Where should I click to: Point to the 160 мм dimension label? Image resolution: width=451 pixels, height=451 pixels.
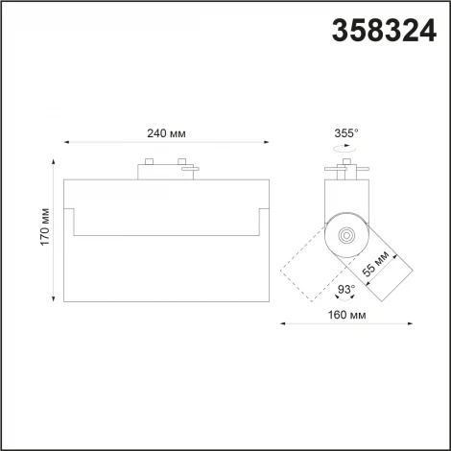346,314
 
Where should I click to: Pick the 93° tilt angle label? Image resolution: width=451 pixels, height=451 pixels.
344,288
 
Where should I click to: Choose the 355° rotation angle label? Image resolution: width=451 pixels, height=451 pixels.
346,134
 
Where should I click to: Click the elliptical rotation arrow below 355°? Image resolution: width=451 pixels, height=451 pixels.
346,150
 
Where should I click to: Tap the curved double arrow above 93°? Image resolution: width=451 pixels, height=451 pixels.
344,274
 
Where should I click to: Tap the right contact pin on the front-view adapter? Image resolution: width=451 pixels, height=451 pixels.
179,160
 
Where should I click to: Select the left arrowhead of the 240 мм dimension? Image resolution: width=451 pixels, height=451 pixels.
65,145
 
